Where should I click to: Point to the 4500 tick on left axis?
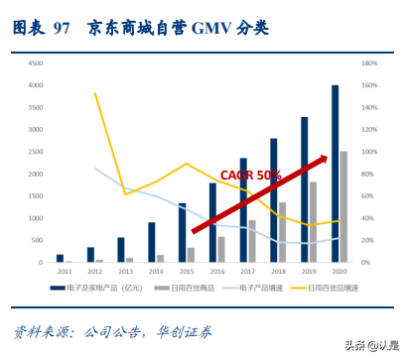point(36,62)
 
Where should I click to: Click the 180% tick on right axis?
point(367,62)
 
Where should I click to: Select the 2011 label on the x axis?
point(64,271)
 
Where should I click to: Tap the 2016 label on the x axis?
point(216,271)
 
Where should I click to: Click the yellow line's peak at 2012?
point(95,93)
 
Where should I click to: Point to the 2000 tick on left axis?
point(36,174)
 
